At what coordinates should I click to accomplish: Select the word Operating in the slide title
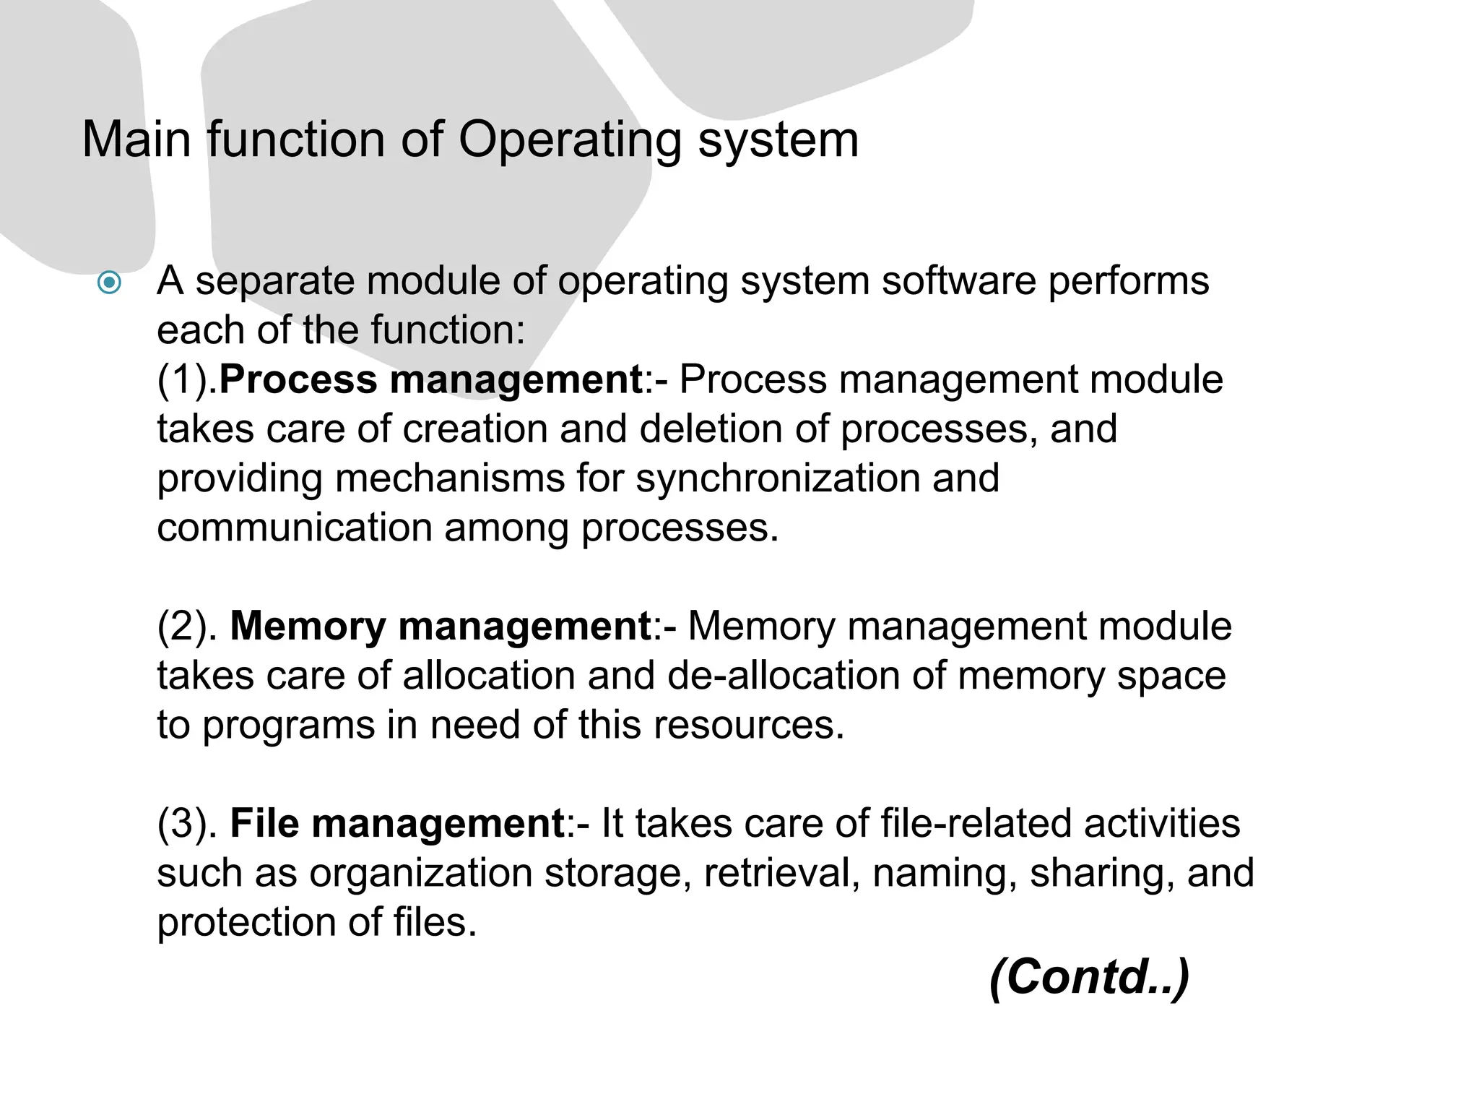tap(570, 140)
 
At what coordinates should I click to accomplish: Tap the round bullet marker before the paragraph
tap(109, 282)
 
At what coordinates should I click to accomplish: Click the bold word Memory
tap(308, 627)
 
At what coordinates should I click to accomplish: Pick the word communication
tap(294, 528)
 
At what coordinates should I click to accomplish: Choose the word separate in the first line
tap(275, 282)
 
